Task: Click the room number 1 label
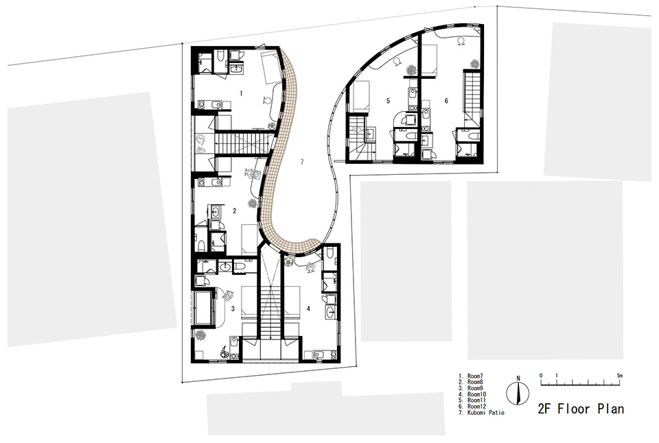241,92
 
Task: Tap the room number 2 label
234,211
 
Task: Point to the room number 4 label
308,309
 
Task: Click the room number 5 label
388,101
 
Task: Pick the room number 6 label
446,101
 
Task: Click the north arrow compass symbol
518,394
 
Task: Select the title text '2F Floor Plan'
581,409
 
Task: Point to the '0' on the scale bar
541,376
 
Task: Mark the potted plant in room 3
200,335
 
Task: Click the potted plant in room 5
411,70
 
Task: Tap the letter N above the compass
518,378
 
